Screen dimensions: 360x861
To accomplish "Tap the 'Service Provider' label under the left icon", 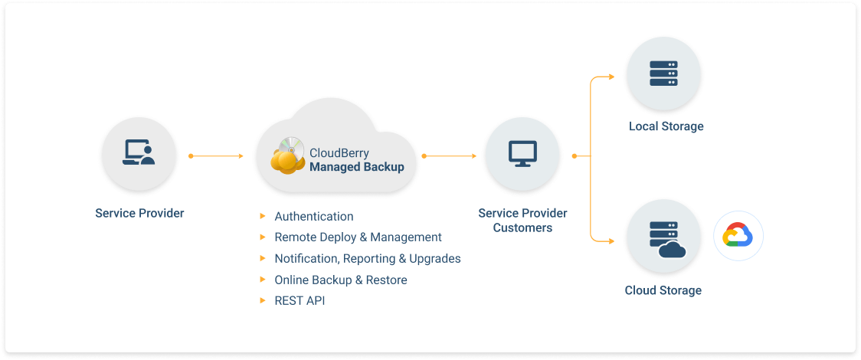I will click(x=139, y=213).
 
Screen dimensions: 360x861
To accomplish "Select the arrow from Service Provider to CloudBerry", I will click(x=216, y=156).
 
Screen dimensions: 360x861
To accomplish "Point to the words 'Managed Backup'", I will click(x=356, y=167).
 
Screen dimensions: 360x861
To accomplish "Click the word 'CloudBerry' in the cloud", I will click(x=339, y=153).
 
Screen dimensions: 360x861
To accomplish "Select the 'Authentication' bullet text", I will click(x=314, y=217).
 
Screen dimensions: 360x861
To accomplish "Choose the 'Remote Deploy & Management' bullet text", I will click(x=358, y=237).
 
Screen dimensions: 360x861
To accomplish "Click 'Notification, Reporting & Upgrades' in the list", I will click(x=368, y=259).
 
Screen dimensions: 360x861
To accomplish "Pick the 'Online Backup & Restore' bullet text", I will click(x=341, y=280).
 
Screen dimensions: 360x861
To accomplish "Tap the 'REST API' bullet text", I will click(x=300, y=301).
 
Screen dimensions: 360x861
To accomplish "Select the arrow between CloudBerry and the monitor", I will click(x=450, y=156).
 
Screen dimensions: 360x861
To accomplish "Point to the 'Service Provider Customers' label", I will click(x=522, y=221).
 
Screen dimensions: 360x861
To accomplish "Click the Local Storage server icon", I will click(x=663, y=73).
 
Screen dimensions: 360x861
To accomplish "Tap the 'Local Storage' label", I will click(x=666, y=126).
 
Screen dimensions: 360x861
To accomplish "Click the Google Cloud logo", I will click(x=738, y=236).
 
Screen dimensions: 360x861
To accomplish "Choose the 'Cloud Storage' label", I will click(x=663, y=290).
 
